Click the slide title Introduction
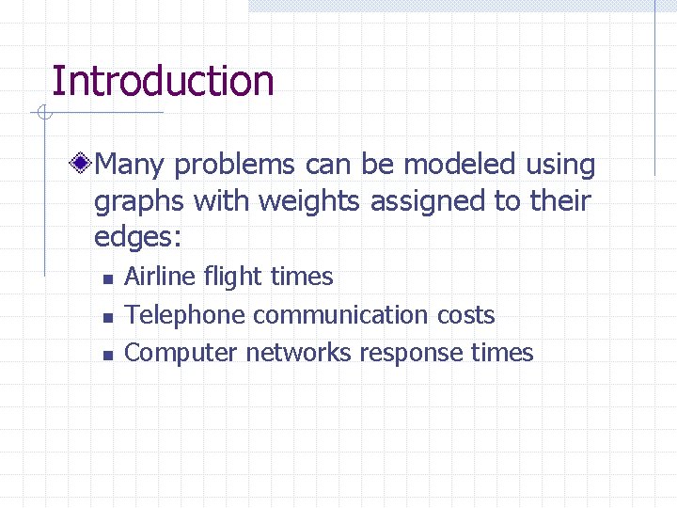click(x=163, y=81)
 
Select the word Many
click(x=131, y=166)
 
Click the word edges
click(x=133, y=237)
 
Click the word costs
click(x=468, y=315)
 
